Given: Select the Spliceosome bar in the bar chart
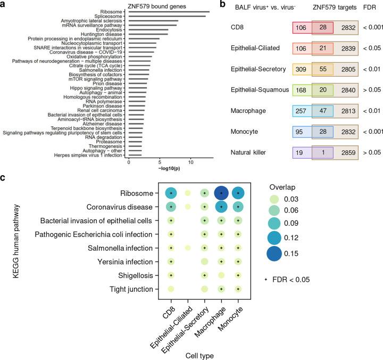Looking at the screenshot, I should click(167, 17).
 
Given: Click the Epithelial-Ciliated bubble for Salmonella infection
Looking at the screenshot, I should click(188, 247).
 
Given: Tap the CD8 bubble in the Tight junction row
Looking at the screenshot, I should click(171, 289).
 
